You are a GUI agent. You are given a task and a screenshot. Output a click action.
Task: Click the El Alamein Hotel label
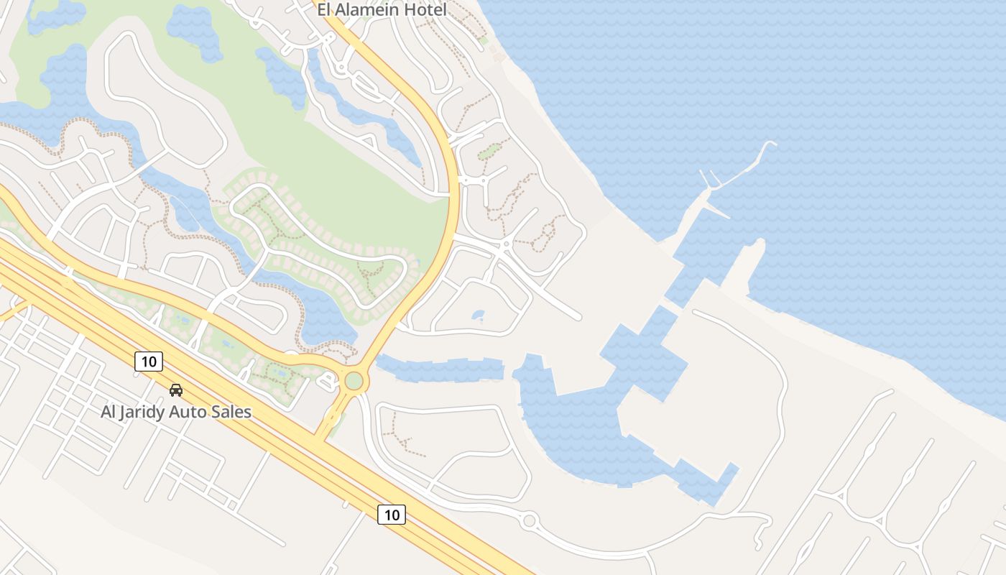pos(382,10)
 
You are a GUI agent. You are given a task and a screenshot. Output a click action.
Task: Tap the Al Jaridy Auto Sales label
pos(176,412)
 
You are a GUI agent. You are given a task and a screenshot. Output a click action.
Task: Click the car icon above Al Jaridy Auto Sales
pos(176,390)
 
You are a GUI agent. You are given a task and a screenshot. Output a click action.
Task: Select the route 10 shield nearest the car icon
pos(149,362)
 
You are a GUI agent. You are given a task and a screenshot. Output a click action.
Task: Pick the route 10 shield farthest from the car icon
pos(392,515)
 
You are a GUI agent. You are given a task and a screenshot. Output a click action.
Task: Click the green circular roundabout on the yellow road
pos(354,380)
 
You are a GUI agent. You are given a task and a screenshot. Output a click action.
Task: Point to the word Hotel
pos(425,10)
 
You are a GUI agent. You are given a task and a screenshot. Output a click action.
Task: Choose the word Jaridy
pos(144,413)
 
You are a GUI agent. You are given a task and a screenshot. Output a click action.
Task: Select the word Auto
pos(189,412)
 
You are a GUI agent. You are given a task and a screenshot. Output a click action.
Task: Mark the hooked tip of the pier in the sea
pos(770,145)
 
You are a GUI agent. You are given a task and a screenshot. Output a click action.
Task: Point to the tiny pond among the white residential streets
pos(478,315)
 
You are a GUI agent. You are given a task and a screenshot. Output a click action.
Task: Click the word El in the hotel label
pos(325,10)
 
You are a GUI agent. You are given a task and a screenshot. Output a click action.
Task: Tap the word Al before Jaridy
pos(108,412)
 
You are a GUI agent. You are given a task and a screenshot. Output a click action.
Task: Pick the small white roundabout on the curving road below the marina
pos(530,520)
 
